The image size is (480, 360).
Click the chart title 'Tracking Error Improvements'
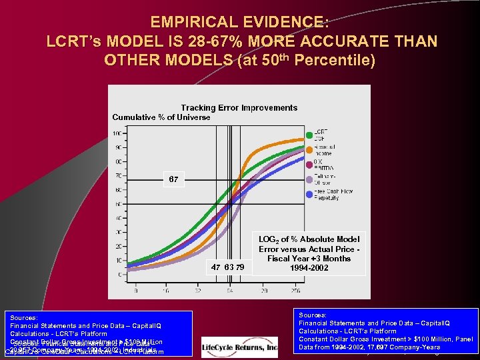(x=239, y=107)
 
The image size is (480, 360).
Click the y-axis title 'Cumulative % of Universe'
(x=161, y=117)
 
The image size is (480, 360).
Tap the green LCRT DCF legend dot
(x=309, y=135)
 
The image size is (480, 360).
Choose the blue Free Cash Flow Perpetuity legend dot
(x=309, y=195)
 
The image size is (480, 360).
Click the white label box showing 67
(x=173, y=179)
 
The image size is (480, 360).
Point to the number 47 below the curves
(x=215, y=267)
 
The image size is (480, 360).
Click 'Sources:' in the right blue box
(x=313, y=315)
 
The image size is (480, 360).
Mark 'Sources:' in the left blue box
(x=24, y=318)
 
